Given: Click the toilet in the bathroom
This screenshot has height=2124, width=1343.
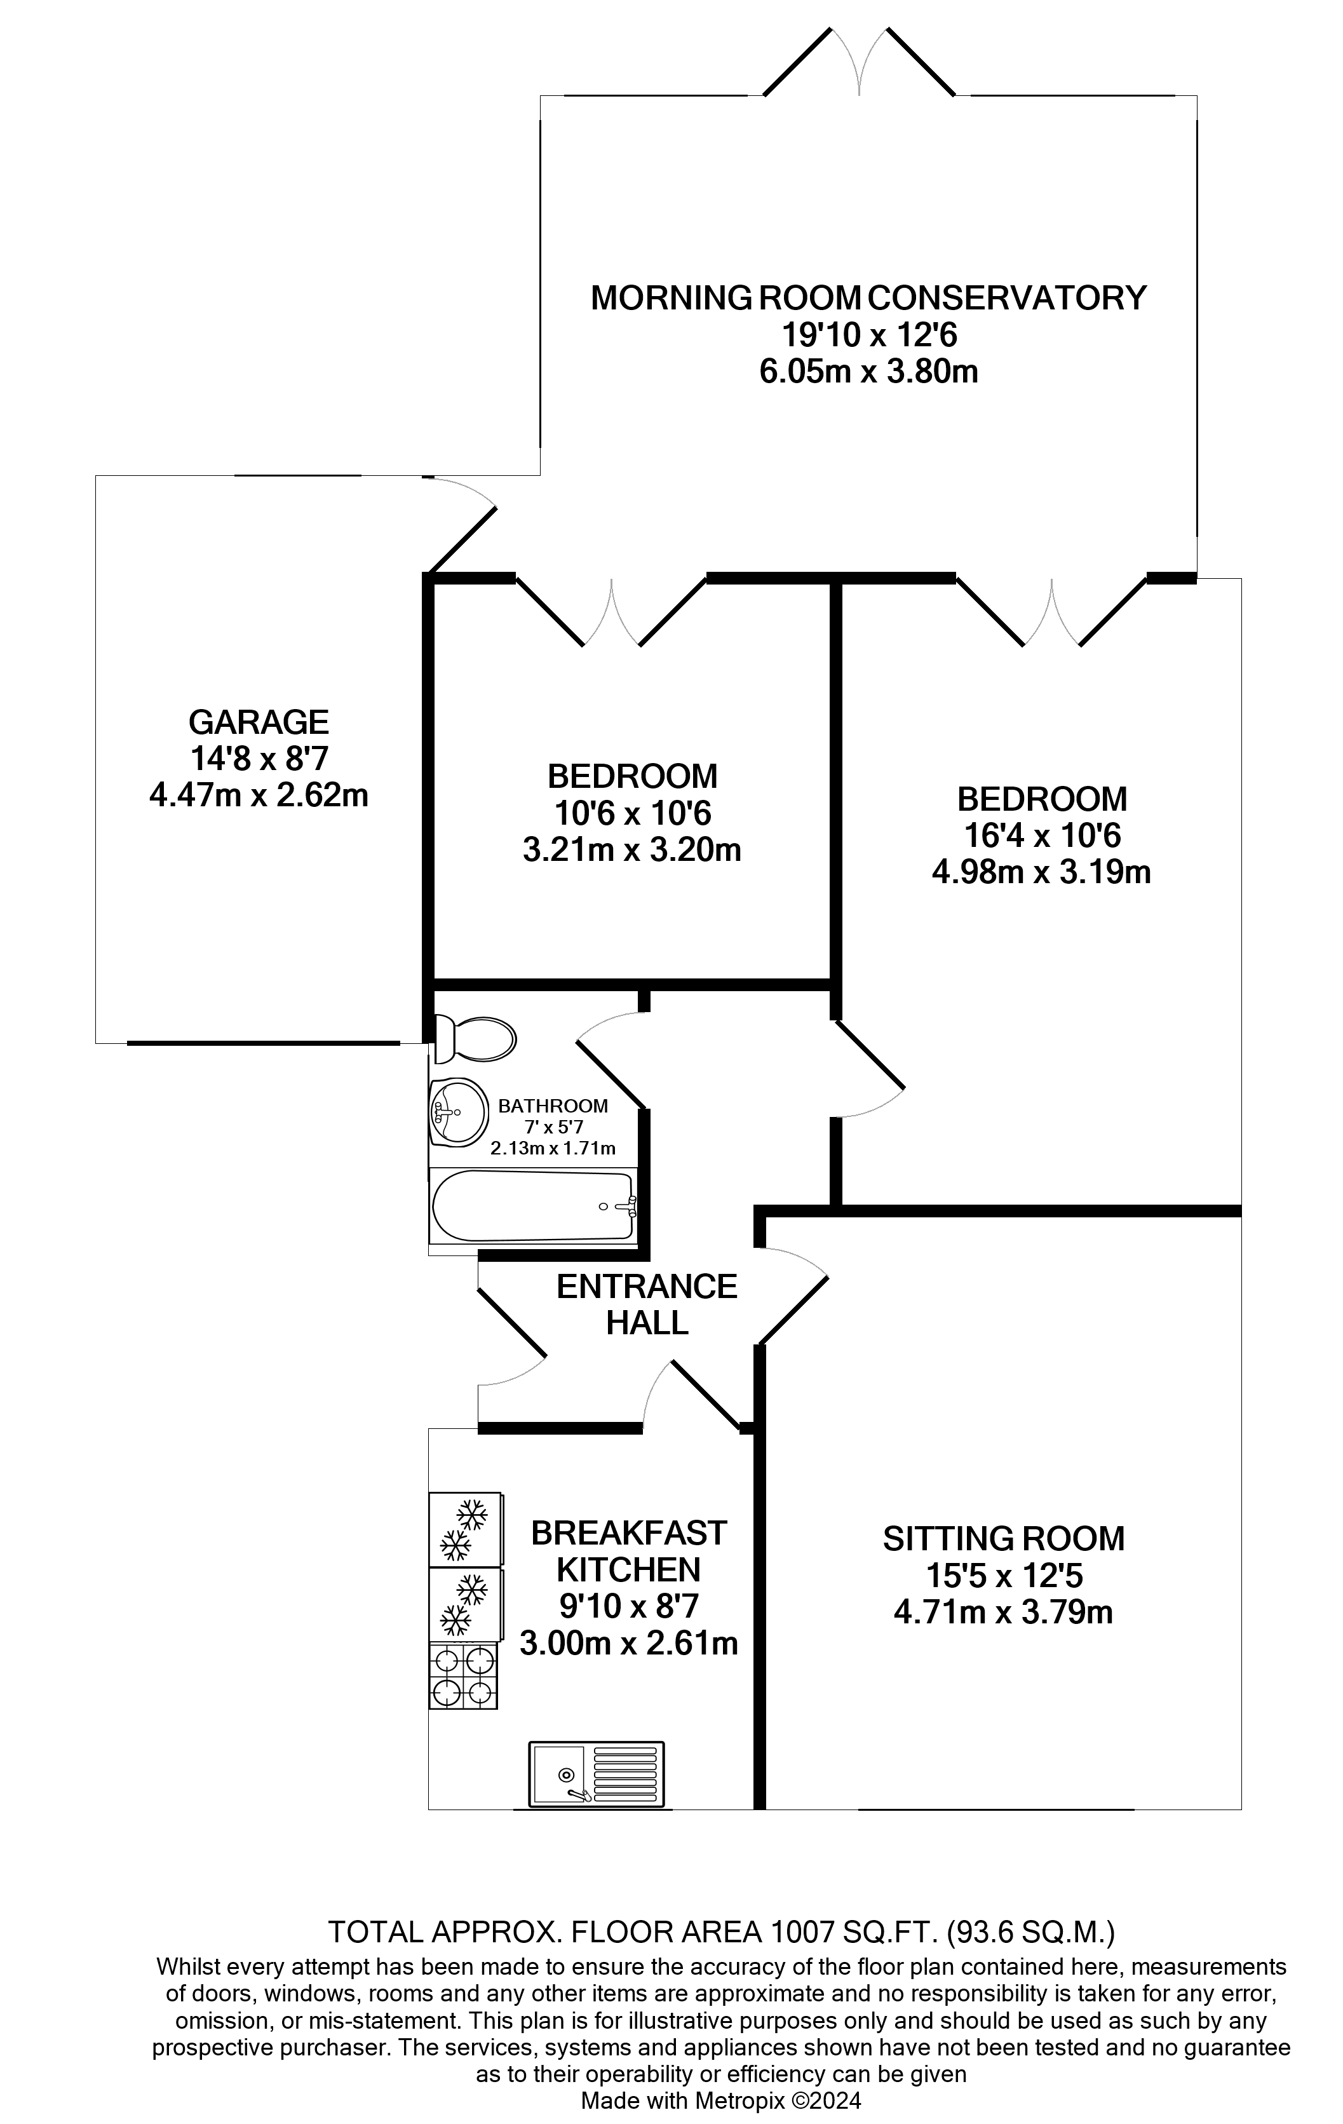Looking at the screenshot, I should coord(476,1038).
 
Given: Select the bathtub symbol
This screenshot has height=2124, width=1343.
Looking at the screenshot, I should coord(532,1206).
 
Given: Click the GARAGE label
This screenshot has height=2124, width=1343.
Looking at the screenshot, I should coord(259,722).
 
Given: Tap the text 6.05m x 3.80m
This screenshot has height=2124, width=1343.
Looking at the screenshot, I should coord(868,371).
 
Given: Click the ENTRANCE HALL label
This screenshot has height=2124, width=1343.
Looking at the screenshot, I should coord(646,1304).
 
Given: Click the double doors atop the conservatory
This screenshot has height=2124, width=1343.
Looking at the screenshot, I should coord(859,62).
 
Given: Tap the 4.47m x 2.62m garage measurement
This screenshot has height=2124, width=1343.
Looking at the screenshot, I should coord(259,795).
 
